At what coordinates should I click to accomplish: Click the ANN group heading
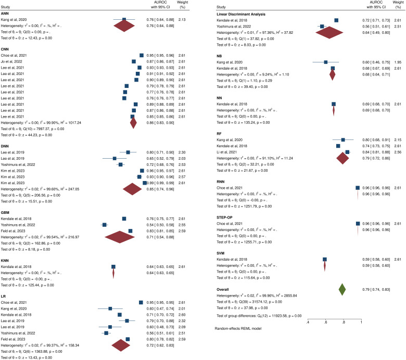tap(7, 14)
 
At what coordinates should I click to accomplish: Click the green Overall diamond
tap(342, 289)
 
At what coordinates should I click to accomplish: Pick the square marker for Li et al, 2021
tap(348, 151)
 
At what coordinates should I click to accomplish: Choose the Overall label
tap(224, 289)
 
